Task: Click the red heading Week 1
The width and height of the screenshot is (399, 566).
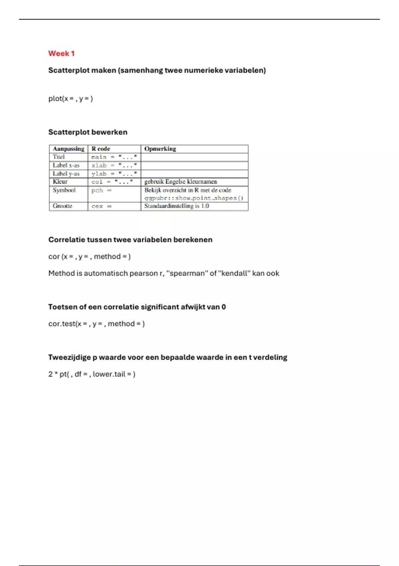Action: (61, 54)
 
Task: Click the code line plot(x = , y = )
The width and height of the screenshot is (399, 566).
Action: (70, 99)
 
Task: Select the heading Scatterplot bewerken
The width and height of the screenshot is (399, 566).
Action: (88, 132)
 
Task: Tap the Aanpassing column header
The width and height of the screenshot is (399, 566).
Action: (68, 149)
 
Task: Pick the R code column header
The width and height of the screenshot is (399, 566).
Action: (101, 149)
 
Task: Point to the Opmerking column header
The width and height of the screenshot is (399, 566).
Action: (160, 149)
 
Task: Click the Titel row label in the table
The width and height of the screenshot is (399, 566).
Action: (59, 157)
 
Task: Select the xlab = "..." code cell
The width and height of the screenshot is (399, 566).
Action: (114, 165)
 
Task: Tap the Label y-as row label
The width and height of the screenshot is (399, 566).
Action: (66, 173)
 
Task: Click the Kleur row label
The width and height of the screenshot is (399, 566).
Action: (60, 182)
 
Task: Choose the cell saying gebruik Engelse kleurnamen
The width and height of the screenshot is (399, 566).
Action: (181, 182)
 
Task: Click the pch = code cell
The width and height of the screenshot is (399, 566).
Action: (101, 190)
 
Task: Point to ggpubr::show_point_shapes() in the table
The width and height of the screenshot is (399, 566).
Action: (194, 198)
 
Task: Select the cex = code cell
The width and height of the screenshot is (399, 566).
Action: (101, 206)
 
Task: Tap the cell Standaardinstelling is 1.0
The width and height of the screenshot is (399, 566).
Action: (177, 206)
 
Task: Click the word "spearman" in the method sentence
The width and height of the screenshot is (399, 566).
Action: (187, 273)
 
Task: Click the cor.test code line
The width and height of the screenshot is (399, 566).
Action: (96, 324)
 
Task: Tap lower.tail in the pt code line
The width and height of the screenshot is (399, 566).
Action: (109, 374)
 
